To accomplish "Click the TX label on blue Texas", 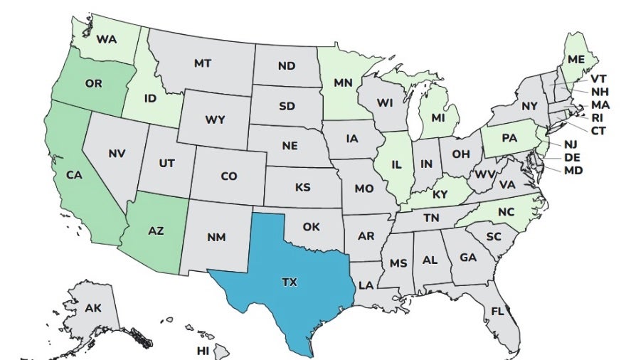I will [289, 282].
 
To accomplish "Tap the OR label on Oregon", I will [93, 83].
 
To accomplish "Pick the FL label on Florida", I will [497, 311].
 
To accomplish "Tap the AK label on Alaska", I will [92, 308].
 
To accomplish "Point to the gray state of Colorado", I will [228, 175].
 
